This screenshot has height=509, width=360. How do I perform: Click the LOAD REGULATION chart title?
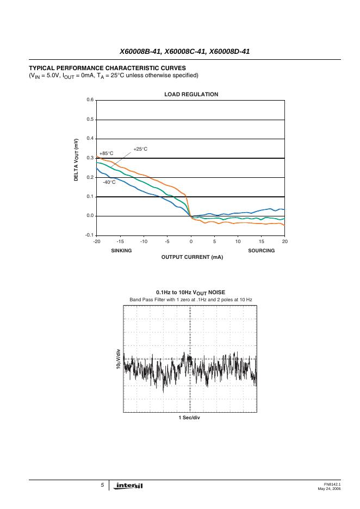click(x=191, y=95)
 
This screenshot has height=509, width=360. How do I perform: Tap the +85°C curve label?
click(x=106, y=153)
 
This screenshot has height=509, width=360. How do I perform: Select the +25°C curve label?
click(x=140, y=148)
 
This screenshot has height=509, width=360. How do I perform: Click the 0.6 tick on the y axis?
click(x=90, y=100)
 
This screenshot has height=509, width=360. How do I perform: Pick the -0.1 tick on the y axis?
click(x=90, y=235)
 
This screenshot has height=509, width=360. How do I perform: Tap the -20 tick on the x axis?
click(x=97, y=241)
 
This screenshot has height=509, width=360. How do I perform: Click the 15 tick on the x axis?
click(x=261, y=241)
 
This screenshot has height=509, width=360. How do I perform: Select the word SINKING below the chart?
click(x=121, y=250)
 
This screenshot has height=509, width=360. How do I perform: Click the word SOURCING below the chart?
click(x=261, y=250)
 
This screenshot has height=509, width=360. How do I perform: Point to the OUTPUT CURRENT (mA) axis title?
click(x=192, y=257)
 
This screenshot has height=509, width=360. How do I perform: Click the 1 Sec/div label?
click(x=190, y=418)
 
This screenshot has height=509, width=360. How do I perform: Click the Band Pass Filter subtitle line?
click(x=190, y=300)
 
